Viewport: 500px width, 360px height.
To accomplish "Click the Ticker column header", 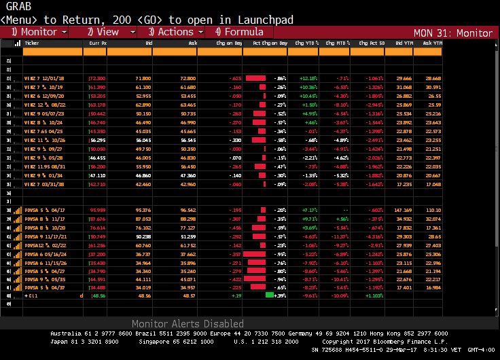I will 32,42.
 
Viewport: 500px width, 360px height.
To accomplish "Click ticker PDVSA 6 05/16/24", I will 43,253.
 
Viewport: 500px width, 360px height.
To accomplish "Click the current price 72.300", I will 97,79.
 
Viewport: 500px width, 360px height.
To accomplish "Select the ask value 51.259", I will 187,236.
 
